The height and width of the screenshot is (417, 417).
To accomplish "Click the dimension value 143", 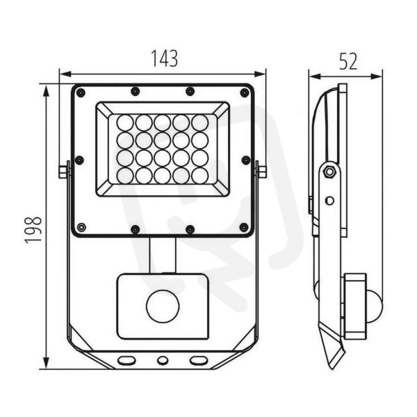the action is (x=164, y=58).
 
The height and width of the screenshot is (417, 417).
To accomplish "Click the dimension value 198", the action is (x=33, y=229).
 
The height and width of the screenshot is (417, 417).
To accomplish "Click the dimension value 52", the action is (x=348, y=61).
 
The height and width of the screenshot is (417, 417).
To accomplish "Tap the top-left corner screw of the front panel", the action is (x=81, y=93).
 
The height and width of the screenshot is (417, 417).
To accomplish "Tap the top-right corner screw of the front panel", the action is (x=245, y=93).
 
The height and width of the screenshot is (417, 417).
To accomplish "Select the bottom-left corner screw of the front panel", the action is (x=81, y=227).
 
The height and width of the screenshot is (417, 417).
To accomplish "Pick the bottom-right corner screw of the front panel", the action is (x=244, y=227).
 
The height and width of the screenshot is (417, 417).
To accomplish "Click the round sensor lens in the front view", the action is (x=163, y=306).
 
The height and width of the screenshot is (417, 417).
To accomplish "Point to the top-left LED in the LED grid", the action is (x=125, y=123).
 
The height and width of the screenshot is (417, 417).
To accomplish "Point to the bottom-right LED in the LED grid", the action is (x=200, y=176).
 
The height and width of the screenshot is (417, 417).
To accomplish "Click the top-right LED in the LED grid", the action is (x=200, y=123).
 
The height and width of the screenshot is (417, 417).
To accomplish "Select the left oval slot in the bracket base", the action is (x=126, y=361).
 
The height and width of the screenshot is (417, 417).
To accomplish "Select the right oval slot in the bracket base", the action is (x=198, y=361).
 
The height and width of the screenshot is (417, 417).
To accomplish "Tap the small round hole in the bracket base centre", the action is (x=162, y=361).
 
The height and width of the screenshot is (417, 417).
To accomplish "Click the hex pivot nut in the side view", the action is (x=329, y=172).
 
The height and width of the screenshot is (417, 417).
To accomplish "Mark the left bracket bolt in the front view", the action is (x=63, y=172).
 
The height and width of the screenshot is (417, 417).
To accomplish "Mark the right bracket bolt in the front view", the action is (x=262, y=172).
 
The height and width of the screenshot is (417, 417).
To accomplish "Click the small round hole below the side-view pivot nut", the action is (x=329, y=201).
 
